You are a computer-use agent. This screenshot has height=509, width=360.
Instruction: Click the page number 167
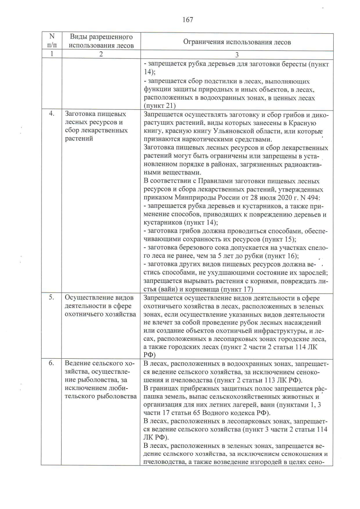(187, 20)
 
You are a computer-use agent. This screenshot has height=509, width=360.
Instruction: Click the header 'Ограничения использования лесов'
(237, 42)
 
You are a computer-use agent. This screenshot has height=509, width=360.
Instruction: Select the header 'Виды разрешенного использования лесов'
(101, 41)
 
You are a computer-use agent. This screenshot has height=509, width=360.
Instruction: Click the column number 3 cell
(237, 55)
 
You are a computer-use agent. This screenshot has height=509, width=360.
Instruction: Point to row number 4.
(52, 114)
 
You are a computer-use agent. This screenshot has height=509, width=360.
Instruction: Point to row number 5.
(52, 297)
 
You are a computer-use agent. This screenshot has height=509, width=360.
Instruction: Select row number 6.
(52, 363)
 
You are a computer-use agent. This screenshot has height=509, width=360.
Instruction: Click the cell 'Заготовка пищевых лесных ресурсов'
(96, 126)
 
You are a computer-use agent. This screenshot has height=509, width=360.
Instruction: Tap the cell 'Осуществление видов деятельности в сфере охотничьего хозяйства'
(100, 306)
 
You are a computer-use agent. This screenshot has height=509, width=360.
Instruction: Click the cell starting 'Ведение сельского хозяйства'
(100, 380)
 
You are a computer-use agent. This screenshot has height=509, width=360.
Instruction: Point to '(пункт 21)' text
(160, 106)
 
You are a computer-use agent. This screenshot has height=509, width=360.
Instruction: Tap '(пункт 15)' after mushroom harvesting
(279, 239)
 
